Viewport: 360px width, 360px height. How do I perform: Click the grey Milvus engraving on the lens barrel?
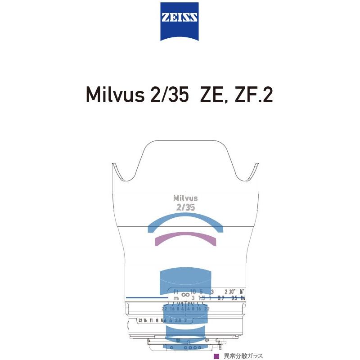(185, 198)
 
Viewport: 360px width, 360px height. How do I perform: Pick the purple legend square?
(216, 355)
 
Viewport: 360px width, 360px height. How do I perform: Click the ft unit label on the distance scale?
(176, 291)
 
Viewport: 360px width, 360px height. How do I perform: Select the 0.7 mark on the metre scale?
(220, 298)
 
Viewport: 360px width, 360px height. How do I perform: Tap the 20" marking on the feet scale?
(232, 292)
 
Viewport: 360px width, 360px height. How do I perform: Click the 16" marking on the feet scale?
(243, 292)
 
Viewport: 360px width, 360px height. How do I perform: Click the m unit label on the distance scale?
(176, 298)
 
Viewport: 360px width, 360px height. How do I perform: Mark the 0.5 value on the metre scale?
(234, 298)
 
